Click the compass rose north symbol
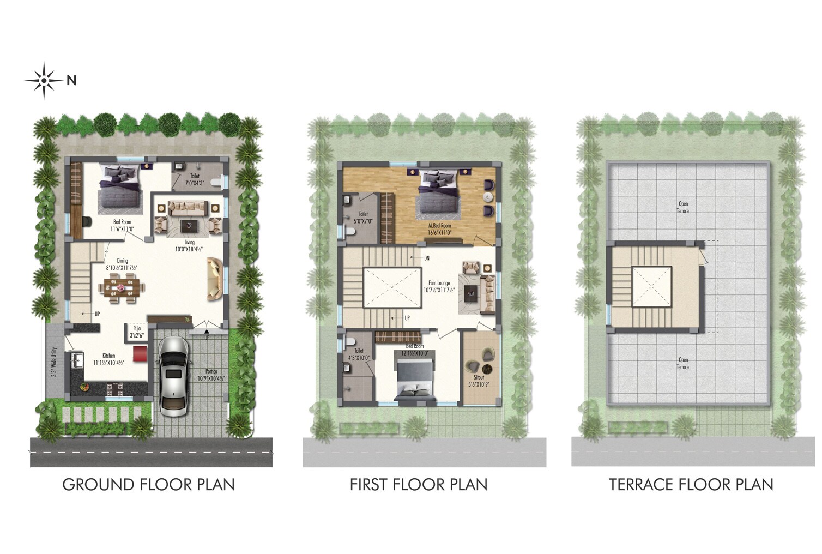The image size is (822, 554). point(44,81)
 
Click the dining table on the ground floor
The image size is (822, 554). point(122,287)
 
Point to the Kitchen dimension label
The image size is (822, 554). point(109,359)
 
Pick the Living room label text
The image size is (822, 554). point(189,245)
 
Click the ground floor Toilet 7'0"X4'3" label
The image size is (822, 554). point(195,179)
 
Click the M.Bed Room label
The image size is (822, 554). point(439,229)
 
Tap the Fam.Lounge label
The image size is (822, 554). point(439,287)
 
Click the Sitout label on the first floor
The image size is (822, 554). point(479,381)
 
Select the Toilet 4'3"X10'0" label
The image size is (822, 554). point(359,354)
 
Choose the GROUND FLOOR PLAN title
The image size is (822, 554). point(148,485)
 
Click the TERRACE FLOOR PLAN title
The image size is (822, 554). point(691,485)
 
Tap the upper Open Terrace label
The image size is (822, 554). point(682,208)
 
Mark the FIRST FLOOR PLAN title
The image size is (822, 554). point(419,485)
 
